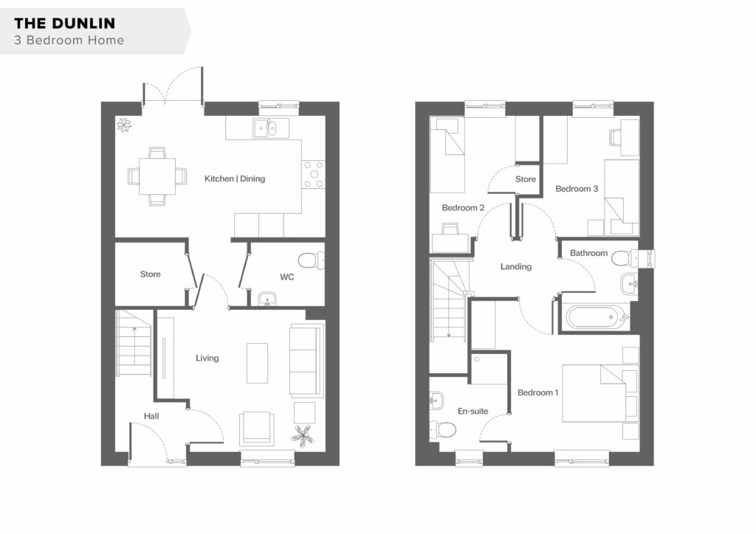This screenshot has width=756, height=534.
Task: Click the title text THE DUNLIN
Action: (x=65, y=23)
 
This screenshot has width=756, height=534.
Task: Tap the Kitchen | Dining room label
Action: (x=234, y=178)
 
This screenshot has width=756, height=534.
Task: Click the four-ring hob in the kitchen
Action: (x=313, y=174)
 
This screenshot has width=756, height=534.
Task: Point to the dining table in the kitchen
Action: (x=157, y=176)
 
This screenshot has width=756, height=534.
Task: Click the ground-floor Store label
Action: (x=150, y=274)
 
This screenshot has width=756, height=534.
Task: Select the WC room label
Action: (x=287, y=277)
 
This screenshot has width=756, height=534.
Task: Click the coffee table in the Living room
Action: (x=257, y=363)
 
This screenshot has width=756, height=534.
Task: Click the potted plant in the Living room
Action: (x=302, y=436)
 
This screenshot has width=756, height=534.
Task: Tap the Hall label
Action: (x=151, y=416)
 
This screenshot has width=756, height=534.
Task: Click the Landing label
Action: (x=516, y=266)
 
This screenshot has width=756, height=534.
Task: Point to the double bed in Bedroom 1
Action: (x=601, y=393)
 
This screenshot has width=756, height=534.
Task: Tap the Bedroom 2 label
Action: (x=463, y=207)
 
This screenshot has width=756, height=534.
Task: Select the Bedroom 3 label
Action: (x=577, y=189)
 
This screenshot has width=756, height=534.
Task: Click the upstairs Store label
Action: (x=526, y=179)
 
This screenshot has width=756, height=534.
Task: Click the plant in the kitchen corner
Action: (x=124, y=125)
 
